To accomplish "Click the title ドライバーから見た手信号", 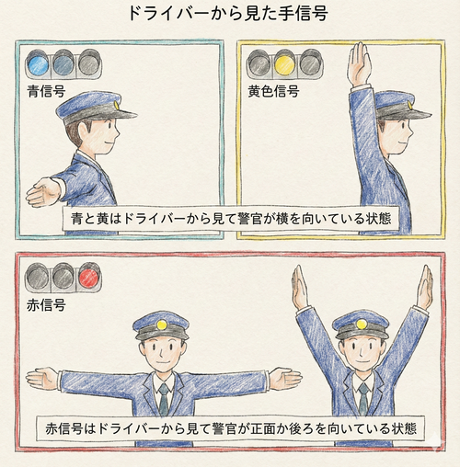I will click(x=230, y=16).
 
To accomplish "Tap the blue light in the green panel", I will click(x=39, y=63).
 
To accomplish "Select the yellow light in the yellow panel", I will click(x=285, y=63).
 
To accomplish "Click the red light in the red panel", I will click(x=88, y=274).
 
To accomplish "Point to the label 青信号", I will click(x=46, y=91).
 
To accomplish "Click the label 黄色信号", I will click(x=273, y=91).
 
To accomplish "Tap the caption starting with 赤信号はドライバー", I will click(x=230, y=429).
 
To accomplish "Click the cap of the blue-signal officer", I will click(x=92, y=108).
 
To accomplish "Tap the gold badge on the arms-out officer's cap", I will click(x=162, y=324).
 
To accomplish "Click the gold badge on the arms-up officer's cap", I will click(x=360, y=323).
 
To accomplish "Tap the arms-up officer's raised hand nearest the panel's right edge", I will click(x=423, y=288).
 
